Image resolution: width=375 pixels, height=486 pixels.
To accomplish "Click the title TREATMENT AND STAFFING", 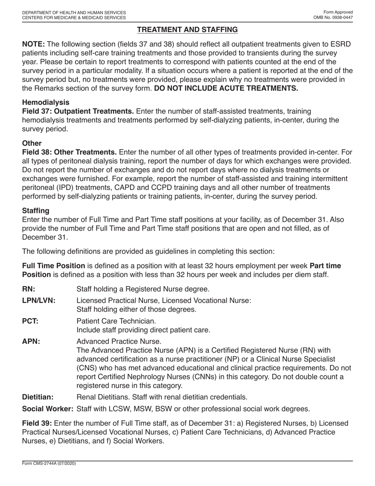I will click(187, 30).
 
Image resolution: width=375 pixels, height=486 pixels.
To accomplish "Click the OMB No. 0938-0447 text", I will click(333, 18).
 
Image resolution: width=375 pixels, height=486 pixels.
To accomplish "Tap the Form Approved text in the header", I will click(338, 13).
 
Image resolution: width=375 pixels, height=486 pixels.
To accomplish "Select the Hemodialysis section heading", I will click(46, 102).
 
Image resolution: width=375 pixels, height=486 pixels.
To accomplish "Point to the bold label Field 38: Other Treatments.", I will click(69, 152).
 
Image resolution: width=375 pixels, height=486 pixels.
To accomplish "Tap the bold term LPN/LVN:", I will click(39, 300).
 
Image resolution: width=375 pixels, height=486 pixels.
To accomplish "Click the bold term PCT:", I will click(30, 321).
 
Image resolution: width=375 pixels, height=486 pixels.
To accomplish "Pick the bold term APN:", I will click(31, 341).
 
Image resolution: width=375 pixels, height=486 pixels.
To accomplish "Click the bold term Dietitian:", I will click(38, 397).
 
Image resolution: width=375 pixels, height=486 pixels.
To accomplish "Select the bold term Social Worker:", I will click(48, 409).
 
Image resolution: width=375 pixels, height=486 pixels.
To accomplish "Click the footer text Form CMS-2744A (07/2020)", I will click(49, 463).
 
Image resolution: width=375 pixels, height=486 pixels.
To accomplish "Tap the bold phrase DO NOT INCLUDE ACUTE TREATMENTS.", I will click(226, 88).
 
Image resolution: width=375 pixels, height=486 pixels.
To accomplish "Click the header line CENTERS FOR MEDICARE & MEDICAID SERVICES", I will click(74, 18).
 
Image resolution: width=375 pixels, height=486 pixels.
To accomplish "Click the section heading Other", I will click(32, 143).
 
